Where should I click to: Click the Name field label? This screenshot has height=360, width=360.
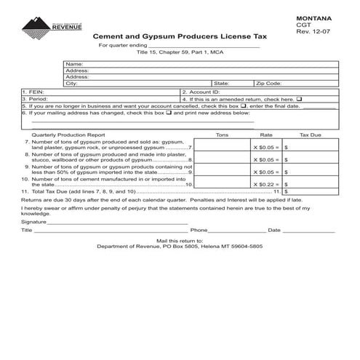pos(73,64)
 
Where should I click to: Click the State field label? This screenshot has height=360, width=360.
pos(221,84)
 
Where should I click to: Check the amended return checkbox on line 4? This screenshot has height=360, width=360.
pos(300,99)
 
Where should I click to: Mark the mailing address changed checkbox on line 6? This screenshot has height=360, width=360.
pos(169,113)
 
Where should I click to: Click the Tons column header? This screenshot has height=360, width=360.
pos(223,135)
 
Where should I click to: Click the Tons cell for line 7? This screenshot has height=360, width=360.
pos(223,145)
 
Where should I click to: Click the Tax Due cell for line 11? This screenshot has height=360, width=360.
pos(311,192)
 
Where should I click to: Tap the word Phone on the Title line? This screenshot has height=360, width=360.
pos(199,230)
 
